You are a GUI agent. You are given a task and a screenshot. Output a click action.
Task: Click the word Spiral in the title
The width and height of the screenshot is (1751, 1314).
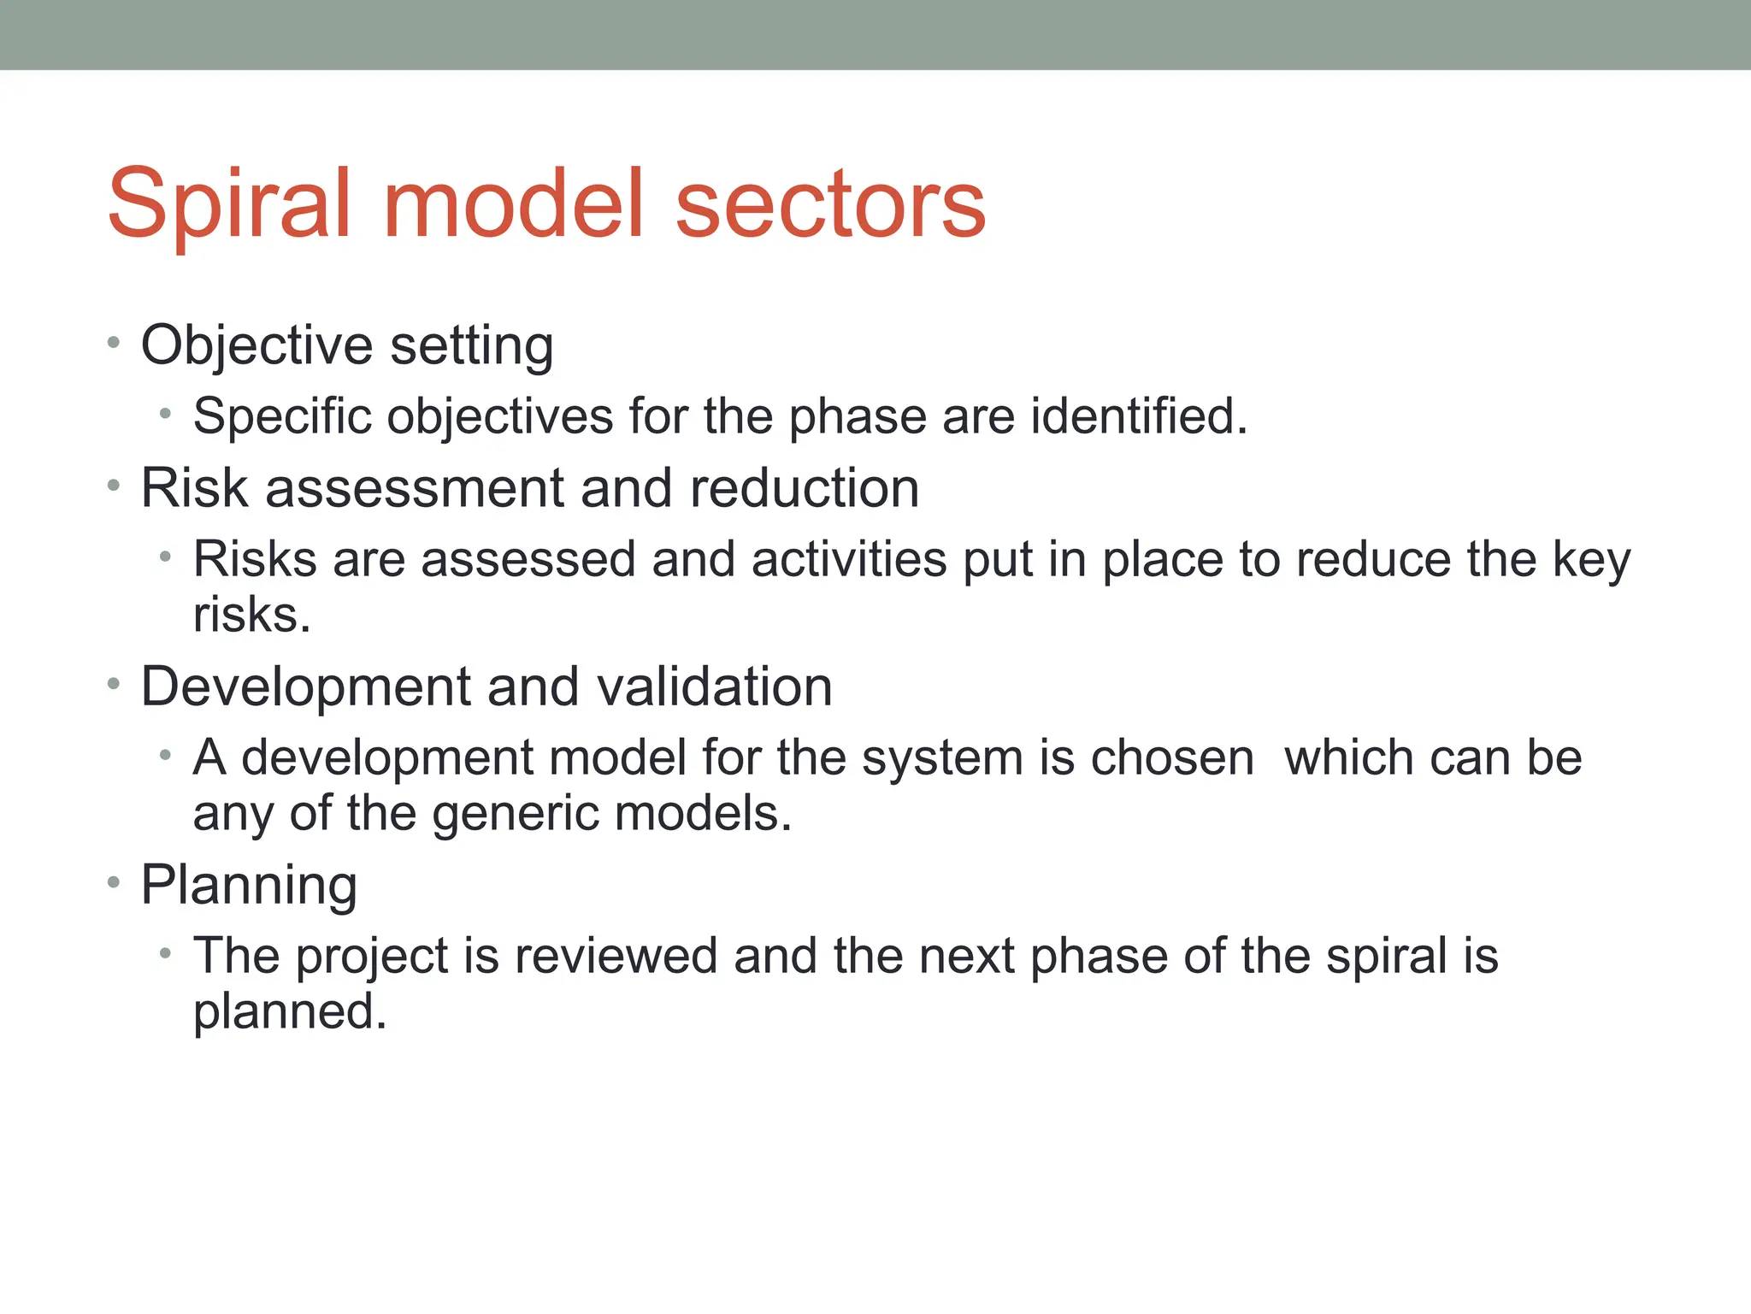point(229,204)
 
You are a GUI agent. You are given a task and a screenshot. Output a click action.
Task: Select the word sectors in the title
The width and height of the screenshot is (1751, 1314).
point(830,204)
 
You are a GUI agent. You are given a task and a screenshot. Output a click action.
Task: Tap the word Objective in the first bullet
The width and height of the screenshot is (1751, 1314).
point(256,346)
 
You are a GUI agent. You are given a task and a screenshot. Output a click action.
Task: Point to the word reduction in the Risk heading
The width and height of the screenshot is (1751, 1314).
point(804,488)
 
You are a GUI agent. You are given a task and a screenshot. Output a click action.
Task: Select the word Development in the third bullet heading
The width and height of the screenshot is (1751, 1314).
point(306,686)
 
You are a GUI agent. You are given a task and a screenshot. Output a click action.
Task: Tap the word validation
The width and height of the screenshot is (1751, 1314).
point(714,686)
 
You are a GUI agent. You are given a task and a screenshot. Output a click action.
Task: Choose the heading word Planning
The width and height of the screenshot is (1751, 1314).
point(249,886)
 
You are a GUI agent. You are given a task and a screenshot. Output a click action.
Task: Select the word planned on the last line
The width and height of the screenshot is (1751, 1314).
point(289,1012)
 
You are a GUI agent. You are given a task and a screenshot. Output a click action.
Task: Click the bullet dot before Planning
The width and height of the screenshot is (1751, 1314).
point(114,884)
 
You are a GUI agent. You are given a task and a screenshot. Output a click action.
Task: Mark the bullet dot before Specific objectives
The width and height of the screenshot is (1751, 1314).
point(165,415)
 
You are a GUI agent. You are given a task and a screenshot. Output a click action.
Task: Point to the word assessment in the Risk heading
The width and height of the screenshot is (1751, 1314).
point(415,488)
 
